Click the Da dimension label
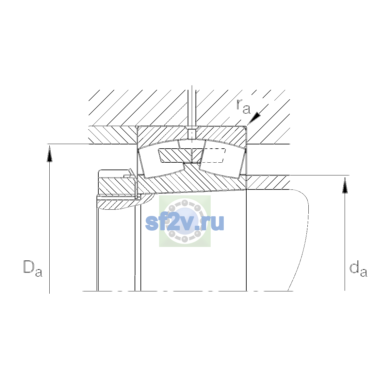click(33, 268)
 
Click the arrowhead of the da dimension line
click(345, 185)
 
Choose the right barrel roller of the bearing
click(222, 160)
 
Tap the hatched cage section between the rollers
click(181, 155)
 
